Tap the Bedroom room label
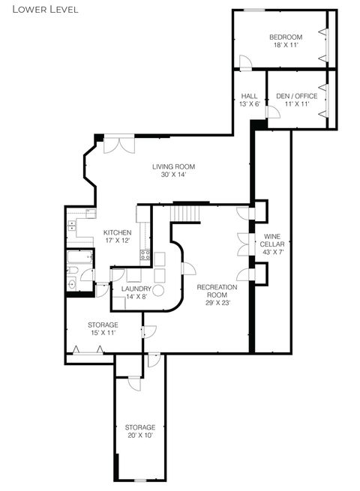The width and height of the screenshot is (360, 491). [x=286, y=41]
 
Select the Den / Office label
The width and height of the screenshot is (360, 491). [x=296, y=100]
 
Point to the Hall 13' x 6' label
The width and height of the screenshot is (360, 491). [x=249, y=100]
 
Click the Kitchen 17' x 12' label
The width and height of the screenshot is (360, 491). [x=118, y=236]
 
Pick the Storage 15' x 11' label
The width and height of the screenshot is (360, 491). [x=102, y=329]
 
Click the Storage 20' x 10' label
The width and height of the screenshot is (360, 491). [x=140, y=431]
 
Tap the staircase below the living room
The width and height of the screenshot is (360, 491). [x=186, y=214]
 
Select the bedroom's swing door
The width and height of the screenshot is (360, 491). [x=244, y=62]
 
